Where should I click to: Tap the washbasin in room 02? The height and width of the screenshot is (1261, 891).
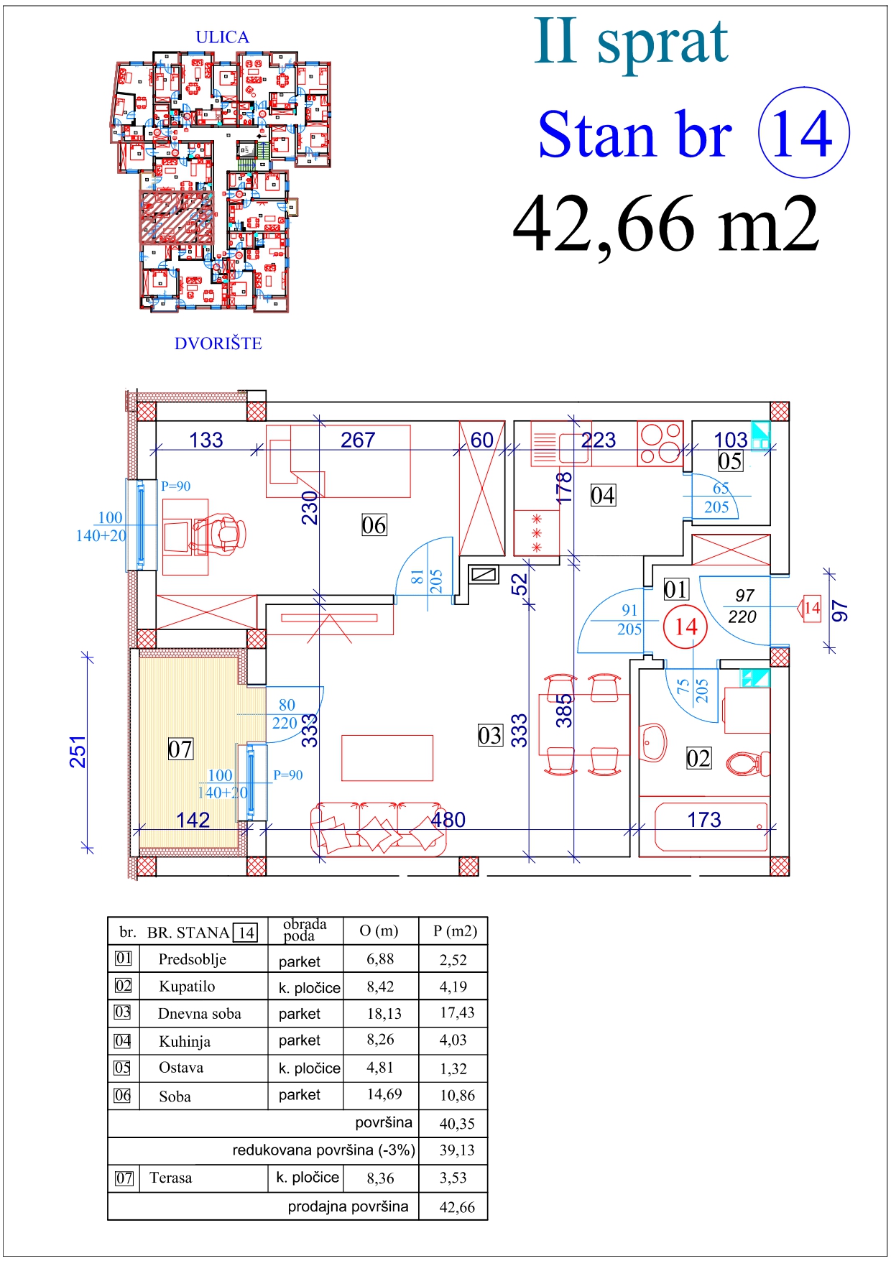tap(653, 742)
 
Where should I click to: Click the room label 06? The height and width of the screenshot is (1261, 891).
tap(374, 525)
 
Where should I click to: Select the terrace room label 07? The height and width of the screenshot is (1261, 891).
tap(180, 749)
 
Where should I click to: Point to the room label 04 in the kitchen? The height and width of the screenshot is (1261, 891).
tap(603, 495)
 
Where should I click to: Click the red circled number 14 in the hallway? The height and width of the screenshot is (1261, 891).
tap(685, 627)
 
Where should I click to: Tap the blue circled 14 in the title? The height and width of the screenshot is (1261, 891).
tap(804, 133)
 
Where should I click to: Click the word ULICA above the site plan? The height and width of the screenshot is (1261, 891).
tap(222, 37)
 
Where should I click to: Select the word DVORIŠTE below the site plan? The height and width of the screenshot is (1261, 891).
tap(218, 343)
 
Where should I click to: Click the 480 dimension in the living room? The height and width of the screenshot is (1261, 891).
tap(448, 820)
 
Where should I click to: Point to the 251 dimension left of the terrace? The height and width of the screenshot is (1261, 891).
tap(78, 752)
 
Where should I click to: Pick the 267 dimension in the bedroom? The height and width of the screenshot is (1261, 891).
tap(358, 440)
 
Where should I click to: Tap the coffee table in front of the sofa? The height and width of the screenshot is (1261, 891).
tap(387, 757)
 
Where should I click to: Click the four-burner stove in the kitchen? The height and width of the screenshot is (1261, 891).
tap(660, 443)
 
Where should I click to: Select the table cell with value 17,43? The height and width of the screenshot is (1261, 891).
tap(457, 1012)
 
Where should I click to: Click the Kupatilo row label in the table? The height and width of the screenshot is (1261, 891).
tap(187, 987)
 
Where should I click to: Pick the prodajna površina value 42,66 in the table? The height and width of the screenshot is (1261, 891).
tap(457, 1207)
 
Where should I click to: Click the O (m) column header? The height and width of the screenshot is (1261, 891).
tap(379, 930)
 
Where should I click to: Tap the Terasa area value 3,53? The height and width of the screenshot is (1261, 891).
tap(453, 1178)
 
